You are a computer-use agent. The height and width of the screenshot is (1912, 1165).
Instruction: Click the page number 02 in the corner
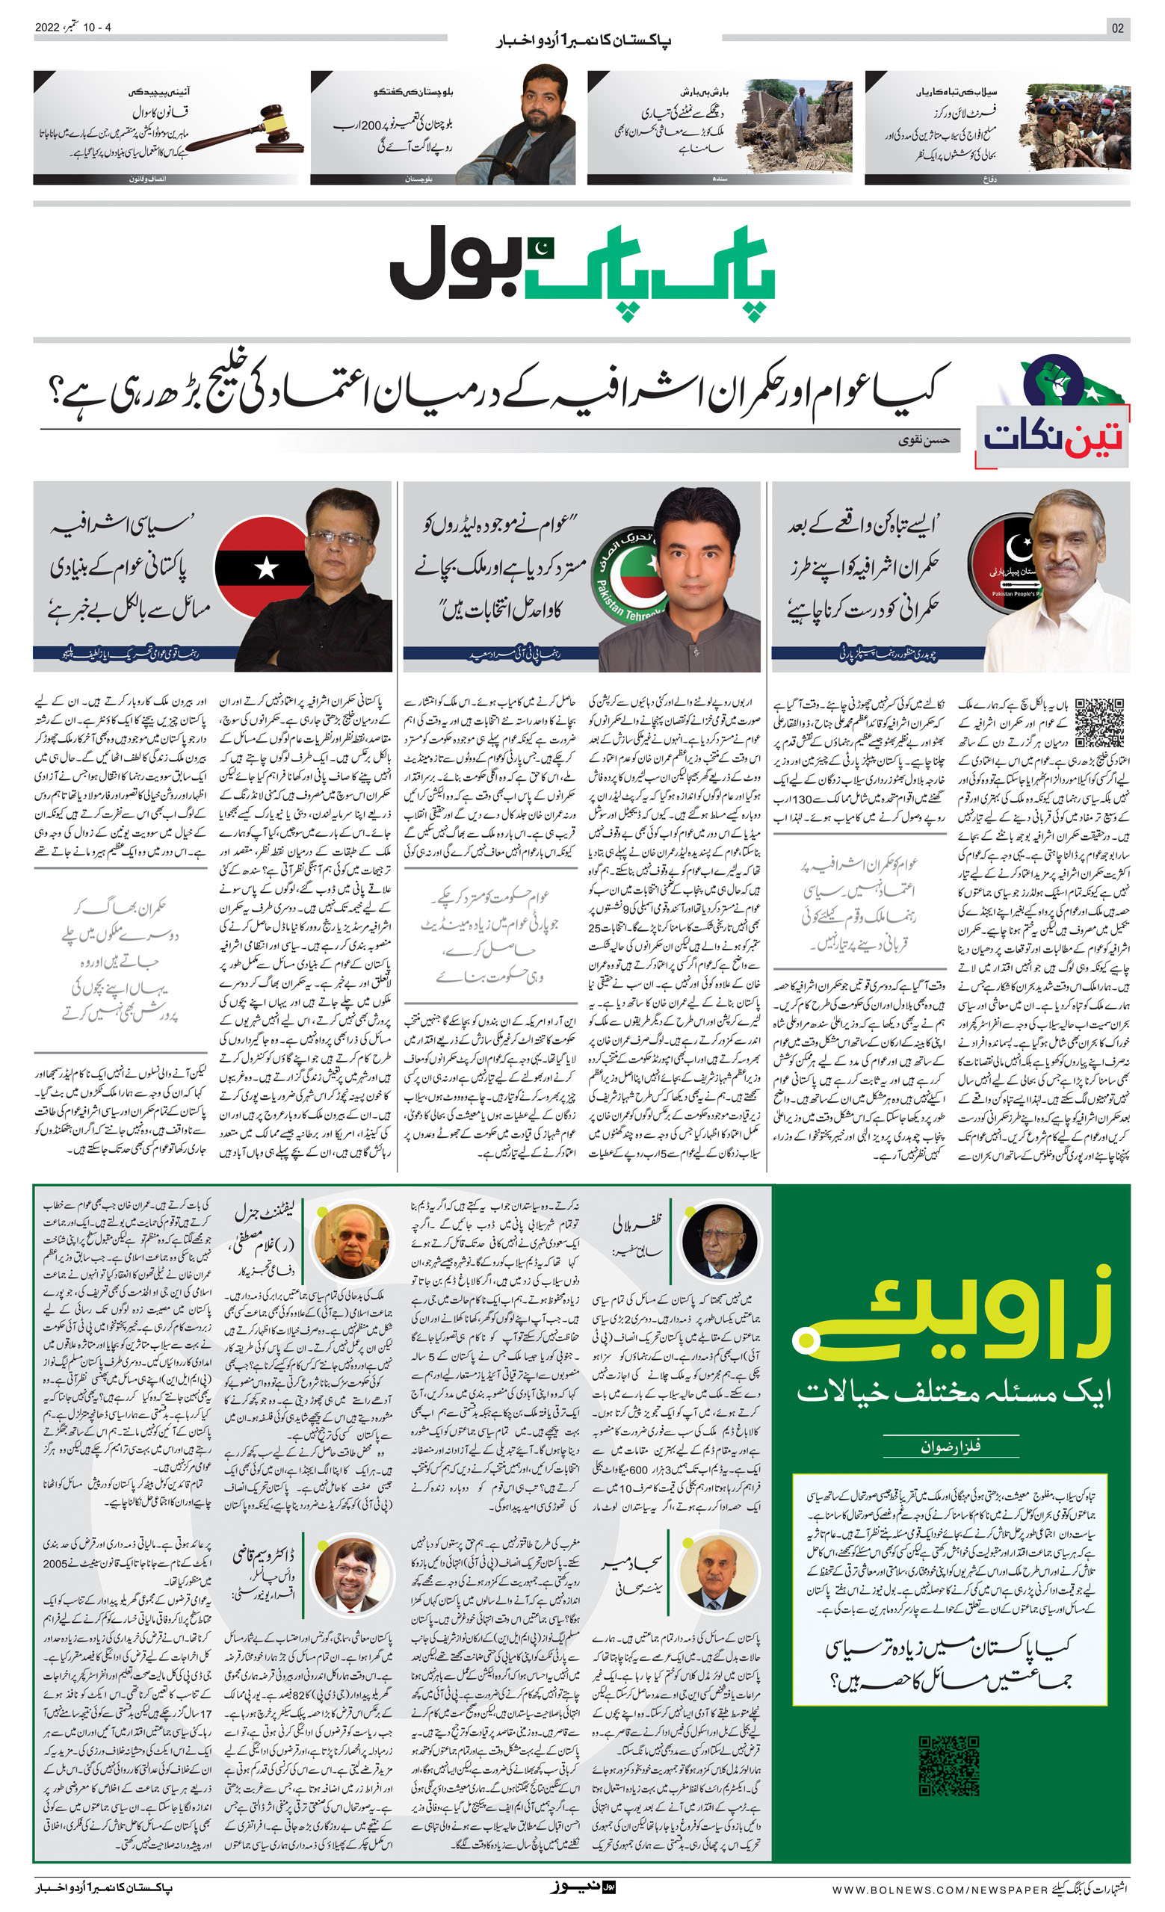tap(1117, 28)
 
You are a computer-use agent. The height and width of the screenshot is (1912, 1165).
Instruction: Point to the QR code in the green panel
tap(948, 1766)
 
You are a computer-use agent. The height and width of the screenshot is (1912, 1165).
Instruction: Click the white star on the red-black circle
tap(265, 569)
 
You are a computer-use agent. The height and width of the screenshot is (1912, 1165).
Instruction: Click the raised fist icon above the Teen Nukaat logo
tap(1048, 380)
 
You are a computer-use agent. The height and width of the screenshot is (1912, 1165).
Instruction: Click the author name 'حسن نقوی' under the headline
tap(924, 441)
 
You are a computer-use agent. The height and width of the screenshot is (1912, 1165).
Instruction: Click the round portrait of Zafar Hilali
tap(719, 1242)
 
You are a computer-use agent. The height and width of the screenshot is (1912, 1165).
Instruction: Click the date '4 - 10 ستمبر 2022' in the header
tap(73, 27)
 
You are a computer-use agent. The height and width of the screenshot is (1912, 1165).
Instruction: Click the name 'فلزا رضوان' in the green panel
tap(950, 1447)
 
